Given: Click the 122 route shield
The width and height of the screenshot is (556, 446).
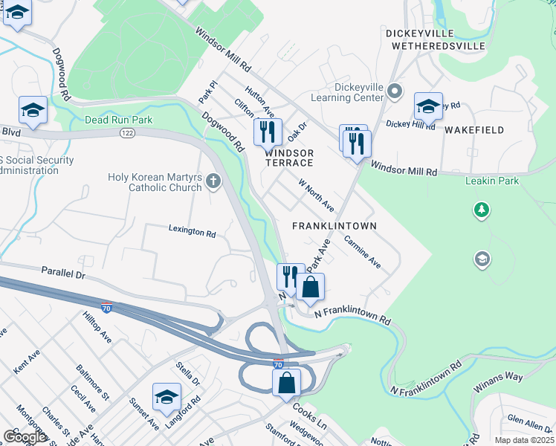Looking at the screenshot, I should [127, 132].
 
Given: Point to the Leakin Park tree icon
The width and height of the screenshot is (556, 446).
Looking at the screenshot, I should [482, 210].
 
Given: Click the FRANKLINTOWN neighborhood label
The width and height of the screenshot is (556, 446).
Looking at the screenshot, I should [334, 225].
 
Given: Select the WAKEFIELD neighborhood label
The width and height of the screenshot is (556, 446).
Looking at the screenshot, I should [474, 130].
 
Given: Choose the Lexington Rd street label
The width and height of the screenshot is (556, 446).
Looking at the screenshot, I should [192, 232].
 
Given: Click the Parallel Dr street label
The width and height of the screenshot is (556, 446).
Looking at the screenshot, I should [64, 273].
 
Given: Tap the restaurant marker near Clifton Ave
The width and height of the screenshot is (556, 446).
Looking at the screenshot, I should [267, 133].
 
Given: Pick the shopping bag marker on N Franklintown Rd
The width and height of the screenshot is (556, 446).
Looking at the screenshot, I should [310, 288].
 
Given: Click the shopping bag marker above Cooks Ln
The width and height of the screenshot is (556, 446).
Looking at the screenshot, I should [286, 384].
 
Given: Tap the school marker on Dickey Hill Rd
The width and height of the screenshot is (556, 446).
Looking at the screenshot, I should [428, 107].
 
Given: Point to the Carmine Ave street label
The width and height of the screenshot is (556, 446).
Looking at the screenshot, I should [362, 253].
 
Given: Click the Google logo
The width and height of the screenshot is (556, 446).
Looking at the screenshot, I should [25, 437].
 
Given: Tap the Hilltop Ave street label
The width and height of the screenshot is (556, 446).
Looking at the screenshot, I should [97, 327].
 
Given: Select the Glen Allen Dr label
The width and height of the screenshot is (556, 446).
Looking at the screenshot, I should [526, 422].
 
